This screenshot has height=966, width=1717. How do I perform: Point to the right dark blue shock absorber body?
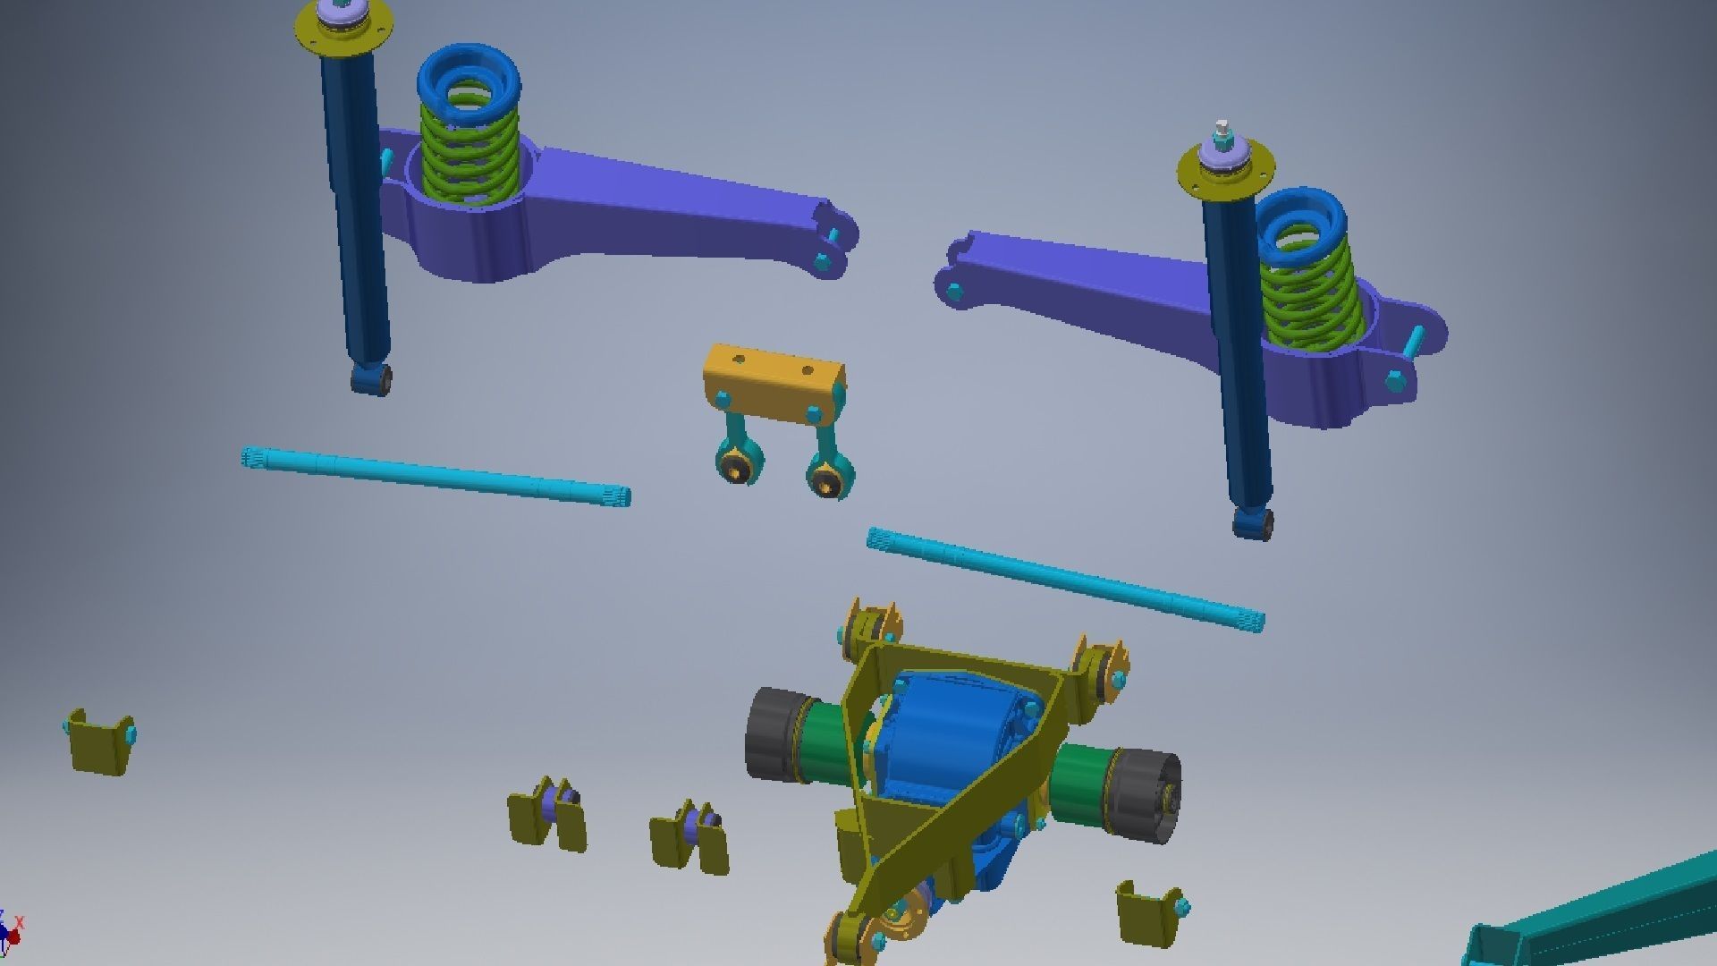(x=1239, y=358)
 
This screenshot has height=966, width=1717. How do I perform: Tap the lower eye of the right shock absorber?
(x=1252, y=522)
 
